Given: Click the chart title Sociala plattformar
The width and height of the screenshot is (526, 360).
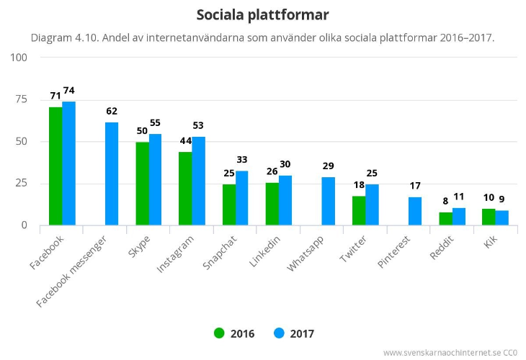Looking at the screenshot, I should point(262,14).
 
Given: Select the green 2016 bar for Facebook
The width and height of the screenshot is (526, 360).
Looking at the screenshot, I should point(55,166).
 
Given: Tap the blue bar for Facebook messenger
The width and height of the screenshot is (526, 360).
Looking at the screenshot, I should point(112,174).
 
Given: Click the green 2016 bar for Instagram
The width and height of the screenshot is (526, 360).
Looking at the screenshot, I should point(185,189).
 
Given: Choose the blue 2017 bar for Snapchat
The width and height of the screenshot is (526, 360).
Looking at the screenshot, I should point(242,198).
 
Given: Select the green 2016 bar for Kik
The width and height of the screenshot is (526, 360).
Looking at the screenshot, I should point(489,217).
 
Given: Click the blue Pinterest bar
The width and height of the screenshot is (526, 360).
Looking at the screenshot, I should point(415,211).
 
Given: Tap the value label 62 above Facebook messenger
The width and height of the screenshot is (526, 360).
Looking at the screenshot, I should point(111,111).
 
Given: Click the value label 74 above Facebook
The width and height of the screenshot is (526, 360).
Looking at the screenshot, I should point(68,91).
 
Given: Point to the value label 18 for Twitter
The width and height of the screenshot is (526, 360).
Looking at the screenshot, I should point(358,185).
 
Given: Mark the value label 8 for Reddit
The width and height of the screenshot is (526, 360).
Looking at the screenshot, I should point(445,202).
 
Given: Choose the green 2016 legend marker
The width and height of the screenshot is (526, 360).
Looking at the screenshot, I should point(219,333).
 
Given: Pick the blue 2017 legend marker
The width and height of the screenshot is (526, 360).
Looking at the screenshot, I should point(280,333).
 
